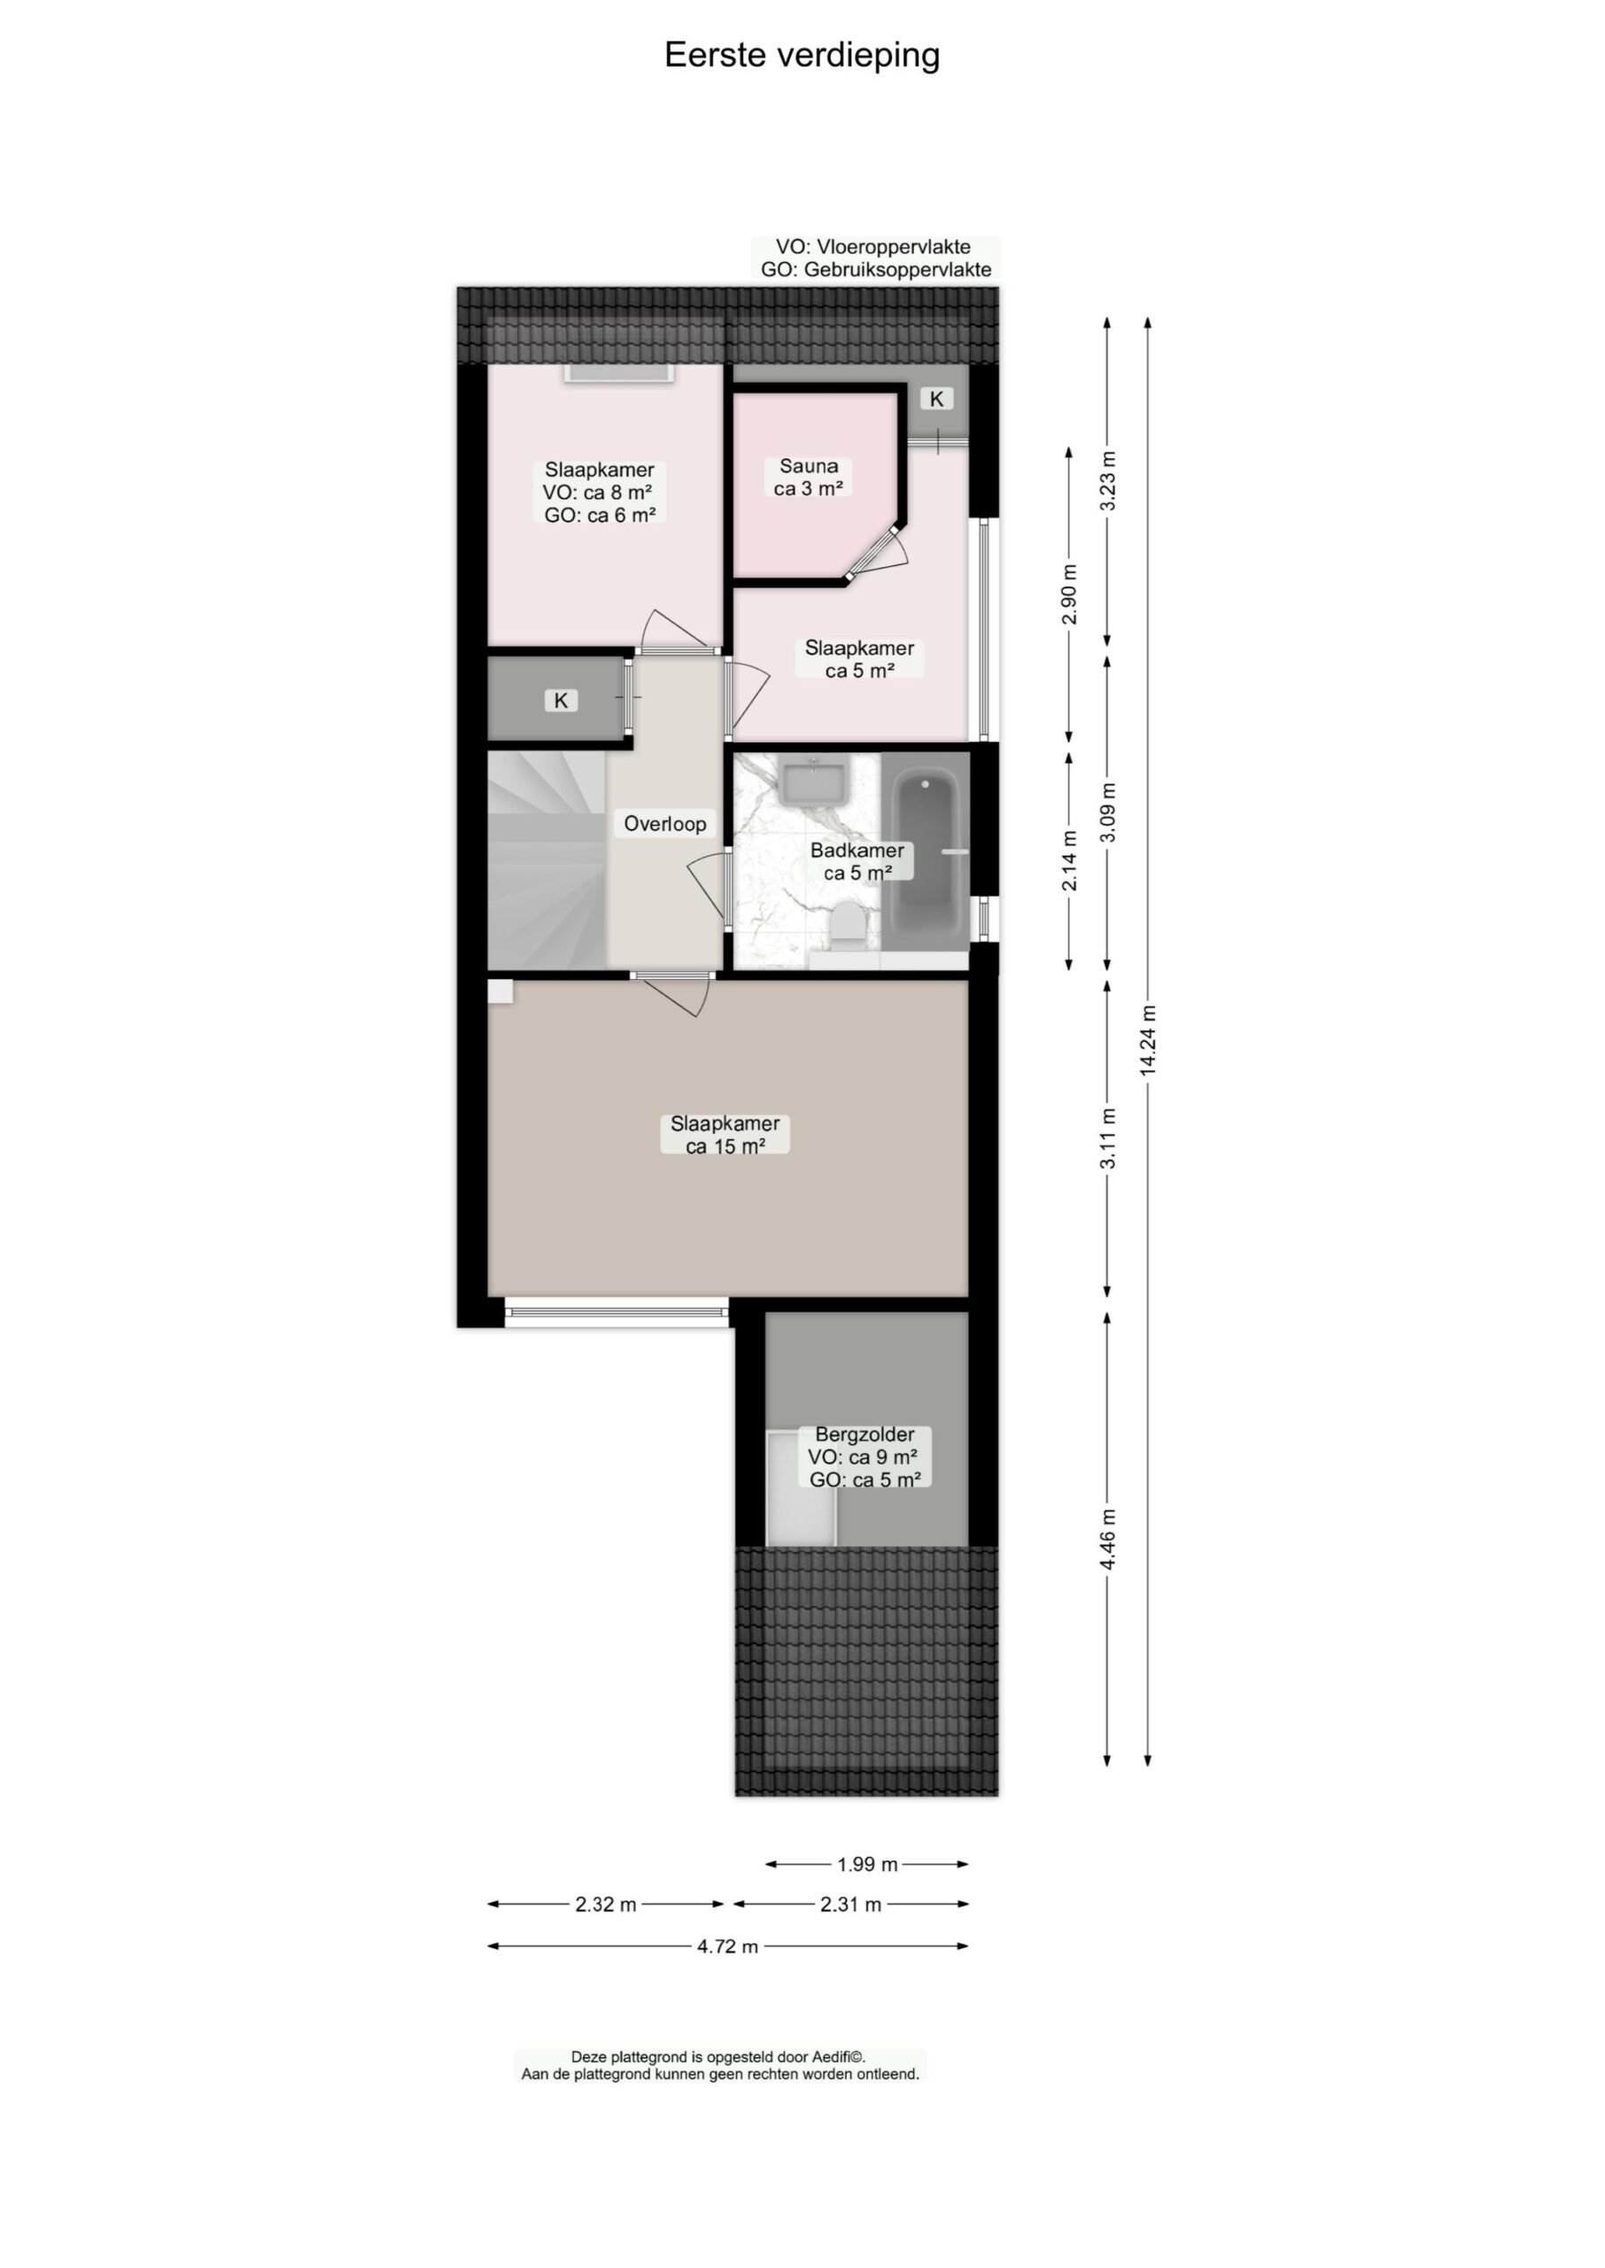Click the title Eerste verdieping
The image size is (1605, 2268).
pyautogui.click(x=802, y=55)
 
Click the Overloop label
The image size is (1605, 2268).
pyautogui.click(x=664, y=823)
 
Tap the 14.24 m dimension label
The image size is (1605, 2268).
pyautogui.click(x=1147, y=1041)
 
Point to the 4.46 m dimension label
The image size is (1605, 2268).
pyautogui.click(x=1108, y=1539)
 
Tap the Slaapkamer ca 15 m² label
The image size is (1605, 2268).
pyautogui.click(x=725, y=1135)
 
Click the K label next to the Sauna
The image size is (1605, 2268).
pyautogui.click(x=937, y=399)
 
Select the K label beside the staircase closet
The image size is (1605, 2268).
pyautogui.click(x=561, y=701)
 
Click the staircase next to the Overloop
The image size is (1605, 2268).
pyautogui.click(x=544, y=859)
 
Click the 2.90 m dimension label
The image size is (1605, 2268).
pyautogui.click(x=1068, y=594)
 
